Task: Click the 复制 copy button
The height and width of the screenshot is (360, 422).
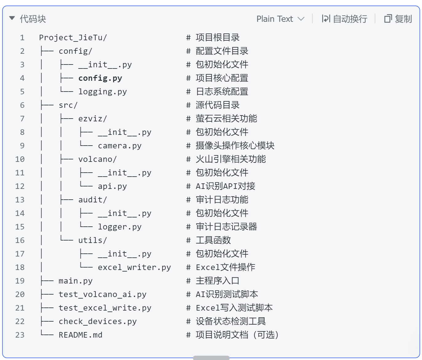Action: pyautogui.click(x=398, y=19)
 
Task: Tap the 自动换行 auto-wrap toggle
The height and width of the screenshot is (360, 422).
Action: pyautogui.click(x=344, y=19)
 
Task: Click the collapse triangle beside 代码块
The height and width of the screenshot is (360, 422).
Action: pyautogui.click(x=12, y=18)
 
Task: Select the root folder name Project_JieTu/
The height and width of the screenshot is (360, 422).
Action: pyautogui.click(x=73, y=37)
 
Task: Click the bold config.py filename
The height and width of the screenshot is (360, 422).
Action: pyautogui.click(x=100, y=78)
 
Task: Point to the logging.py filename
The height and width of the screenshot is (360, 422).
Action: pyautogui.click(x=103, y=92)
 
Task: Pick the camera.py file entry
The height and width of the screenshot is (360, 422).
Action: pyautogui.click(x=120, y=146)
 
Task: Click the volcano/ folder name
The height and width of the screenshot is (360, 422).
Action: pyautogui.click(x=97, y=159)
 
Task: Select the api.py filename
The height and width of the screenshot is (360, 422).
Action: pyautogui.click(x=112, y=186)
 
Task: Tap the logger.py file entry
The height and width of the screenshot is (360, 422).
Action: pyautogui.click(x=120, y=227)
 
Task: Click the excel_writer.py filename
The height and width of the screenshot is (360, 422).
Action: pyautogui.click(x=134, y=267)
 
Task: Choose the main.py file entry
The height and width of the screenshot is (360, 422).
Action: pyautogui.click(x=76, y=281)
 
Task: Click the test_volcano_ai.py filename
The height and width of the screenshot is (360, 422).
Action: pyautogui.click(x=103, y=294)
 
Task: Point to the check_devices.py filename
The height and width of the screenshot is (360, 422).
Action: pyautogui.click(x=98, y=321)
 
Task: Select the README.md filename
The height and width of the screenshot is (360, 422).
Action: pyautogui.click(x=80, y=335)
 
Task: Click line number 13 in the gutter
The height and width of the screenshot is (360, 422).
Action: pyautogui.click(x=20, y=200)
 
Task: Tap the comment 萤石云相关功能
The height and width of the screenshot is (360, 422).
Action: pyautogui.click(x=226, y=119)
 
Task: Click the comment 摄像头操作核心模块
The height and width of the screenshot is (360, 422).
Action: pyautogui.click(x=235, y=146)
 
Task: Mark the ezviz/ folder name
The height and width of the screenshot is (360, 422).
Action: pyautogui.click(x=92, y=119)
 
